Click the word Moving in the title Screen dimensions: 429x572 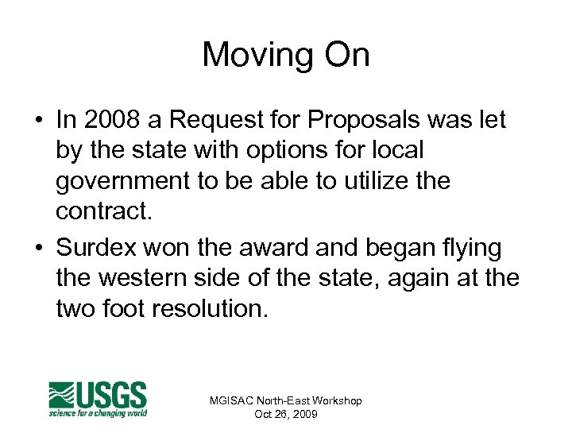[256, 56]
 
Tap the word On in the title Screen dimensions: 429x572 [344, 56]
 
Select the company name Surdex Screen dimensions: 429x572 [96, 248]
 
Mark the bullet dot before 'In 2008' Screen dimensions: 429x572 [37, 121]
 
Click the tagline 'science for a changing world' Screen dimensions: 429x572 [99, 413]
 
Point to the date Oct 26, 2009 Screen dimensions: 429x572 [285, 414]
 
